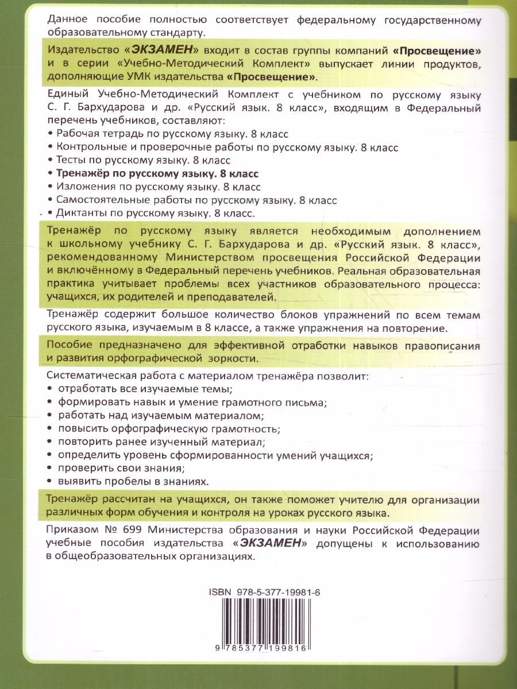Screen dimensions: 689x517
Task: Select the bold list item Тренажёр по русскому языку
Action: pyautogui.click(x=157, y=173)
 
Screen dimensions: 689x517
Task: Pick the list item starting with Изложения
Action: pyautogui.click(x=158, y=187)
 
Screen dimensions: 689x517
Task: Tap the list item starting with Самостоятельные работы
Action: pyautogui.click(x=196, y=200)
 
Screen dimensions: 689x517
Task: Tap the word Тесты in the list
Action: pyautogui.click(x=71, y=160)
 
